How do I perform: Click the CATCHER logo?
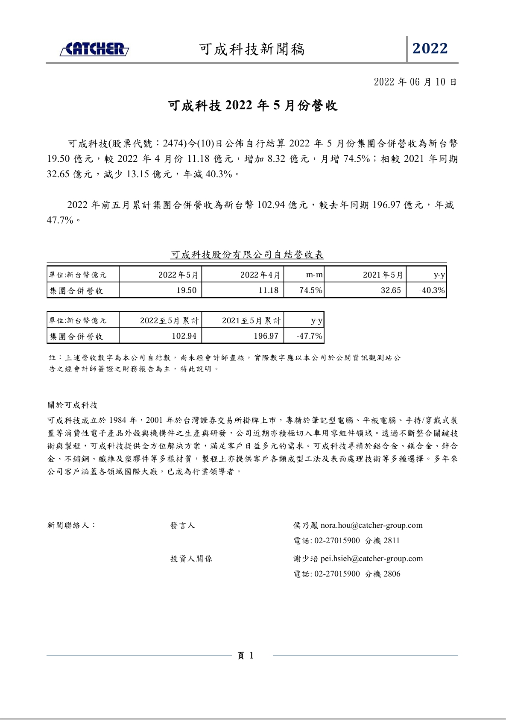[94, 49]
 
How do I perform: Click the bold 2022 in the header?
[430, 49]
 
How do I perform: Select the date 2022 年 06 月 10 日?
[415, 82]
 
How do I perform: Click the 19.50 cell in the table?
[187, 290]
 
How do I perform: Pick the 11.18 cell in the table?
[268, 290]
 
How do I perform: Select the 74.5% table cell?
[310, 290]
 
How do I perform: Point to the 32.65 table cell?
[391, 290]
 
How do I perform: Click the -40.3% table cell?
[432, 290]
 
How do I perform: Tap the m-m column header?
[314, 275]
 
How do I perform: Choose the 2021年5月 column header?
[383, 275]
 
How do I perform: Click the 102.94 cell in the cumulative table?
[184, 336]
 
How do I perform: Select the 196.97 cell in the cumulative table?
[266, 336]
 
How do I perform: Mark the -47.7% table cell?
[309, 336]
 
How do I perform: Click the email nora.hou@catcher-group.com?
[371, 525]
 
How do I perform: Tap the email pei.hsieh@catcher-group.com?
[371, 559]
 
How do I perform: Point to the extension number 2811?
[392, 541]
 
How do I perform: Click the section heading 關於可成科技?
[73, 405]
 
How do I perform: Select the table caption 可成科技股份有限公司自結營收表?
[247, 255]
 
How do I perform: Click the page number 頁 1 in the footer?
[246, 656]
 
